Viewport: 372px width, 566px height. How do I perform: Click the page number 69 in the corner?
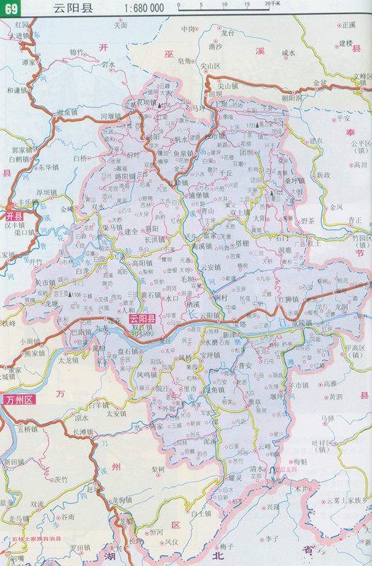[11, 8]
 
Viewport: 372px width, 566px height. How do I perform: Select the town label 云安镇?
[209, 267]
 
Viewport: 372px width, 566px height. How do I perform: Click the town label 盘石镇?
[127, 351]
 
